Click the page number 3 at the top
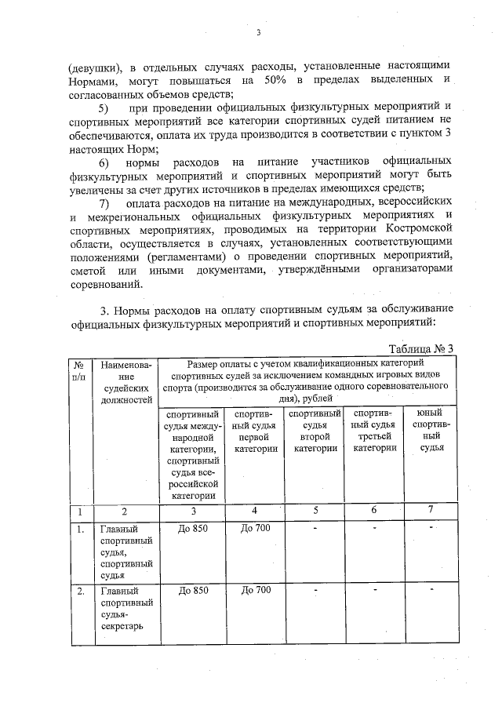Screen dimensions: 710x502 [257, 33]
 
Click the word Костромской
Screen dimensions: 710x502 [417, 233]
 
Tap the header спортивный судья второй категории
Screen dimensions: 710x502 [315, 430]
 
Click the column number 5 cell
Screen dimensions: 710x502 [315, 511]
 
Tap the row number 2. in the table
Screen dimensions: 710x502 [79, 591]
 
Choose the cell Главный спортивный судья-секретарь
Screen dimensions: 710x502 [125, 609]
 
